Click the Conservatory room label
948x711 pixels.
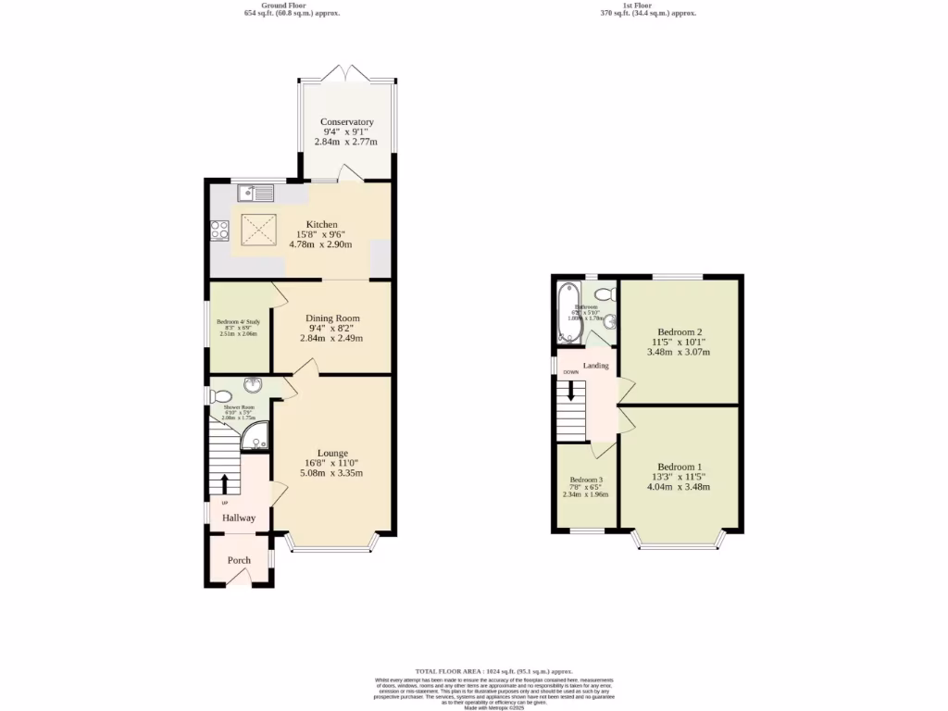point(347,122)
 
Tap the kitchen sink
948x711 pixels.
point(255,193)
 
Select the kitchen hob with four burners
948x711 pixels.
point(219,230)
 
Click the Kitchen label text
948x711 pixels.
point(322,224)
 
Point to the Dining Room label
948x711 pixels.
point(332,318)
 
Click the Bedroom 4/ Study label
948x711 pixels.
point(239,322)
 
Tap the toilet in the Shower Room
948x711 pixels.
point(220,397)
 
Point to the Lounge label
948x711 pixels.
point(332,453)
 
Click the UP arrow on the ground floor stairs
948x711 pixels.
point(224,483)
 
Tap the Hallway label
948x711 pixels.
point(238,518)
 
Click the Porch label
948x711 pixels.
point(239,560)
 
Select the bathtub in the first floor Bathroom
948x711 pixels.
point(566,312)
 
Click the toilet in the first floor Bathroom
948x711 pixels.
point(604,294)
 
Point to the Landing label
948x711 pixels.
point(595,366)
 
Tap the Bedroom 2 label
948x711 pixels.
point(680,331)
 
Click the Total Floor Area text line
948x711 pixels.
point(493,670)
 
